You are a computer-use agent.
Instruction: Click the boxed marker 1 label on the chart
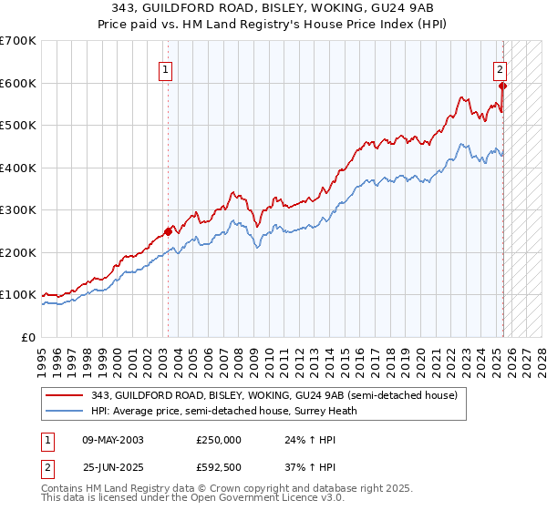click(167, 67)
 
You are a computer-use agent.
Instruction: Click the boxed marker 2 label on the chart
click(501, 67)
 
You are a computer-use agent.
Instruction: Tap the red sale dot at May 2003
click(168, 231)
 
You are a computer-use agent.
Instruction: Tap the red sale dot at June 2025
click(503, 87)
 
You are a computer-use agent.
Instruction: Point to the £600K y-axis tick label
click(18, 83)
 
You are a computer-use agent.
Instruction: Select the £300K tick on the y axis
click(18, 210)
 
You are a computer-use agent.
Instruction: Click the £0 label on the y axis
click(29, 337)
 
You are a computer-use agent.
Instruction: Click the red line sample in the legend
click(64, 394)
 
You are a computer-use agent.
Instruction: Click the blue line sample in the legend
click(64, 410)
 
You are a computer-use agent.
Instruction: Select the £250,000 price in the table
click(219, 439)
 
